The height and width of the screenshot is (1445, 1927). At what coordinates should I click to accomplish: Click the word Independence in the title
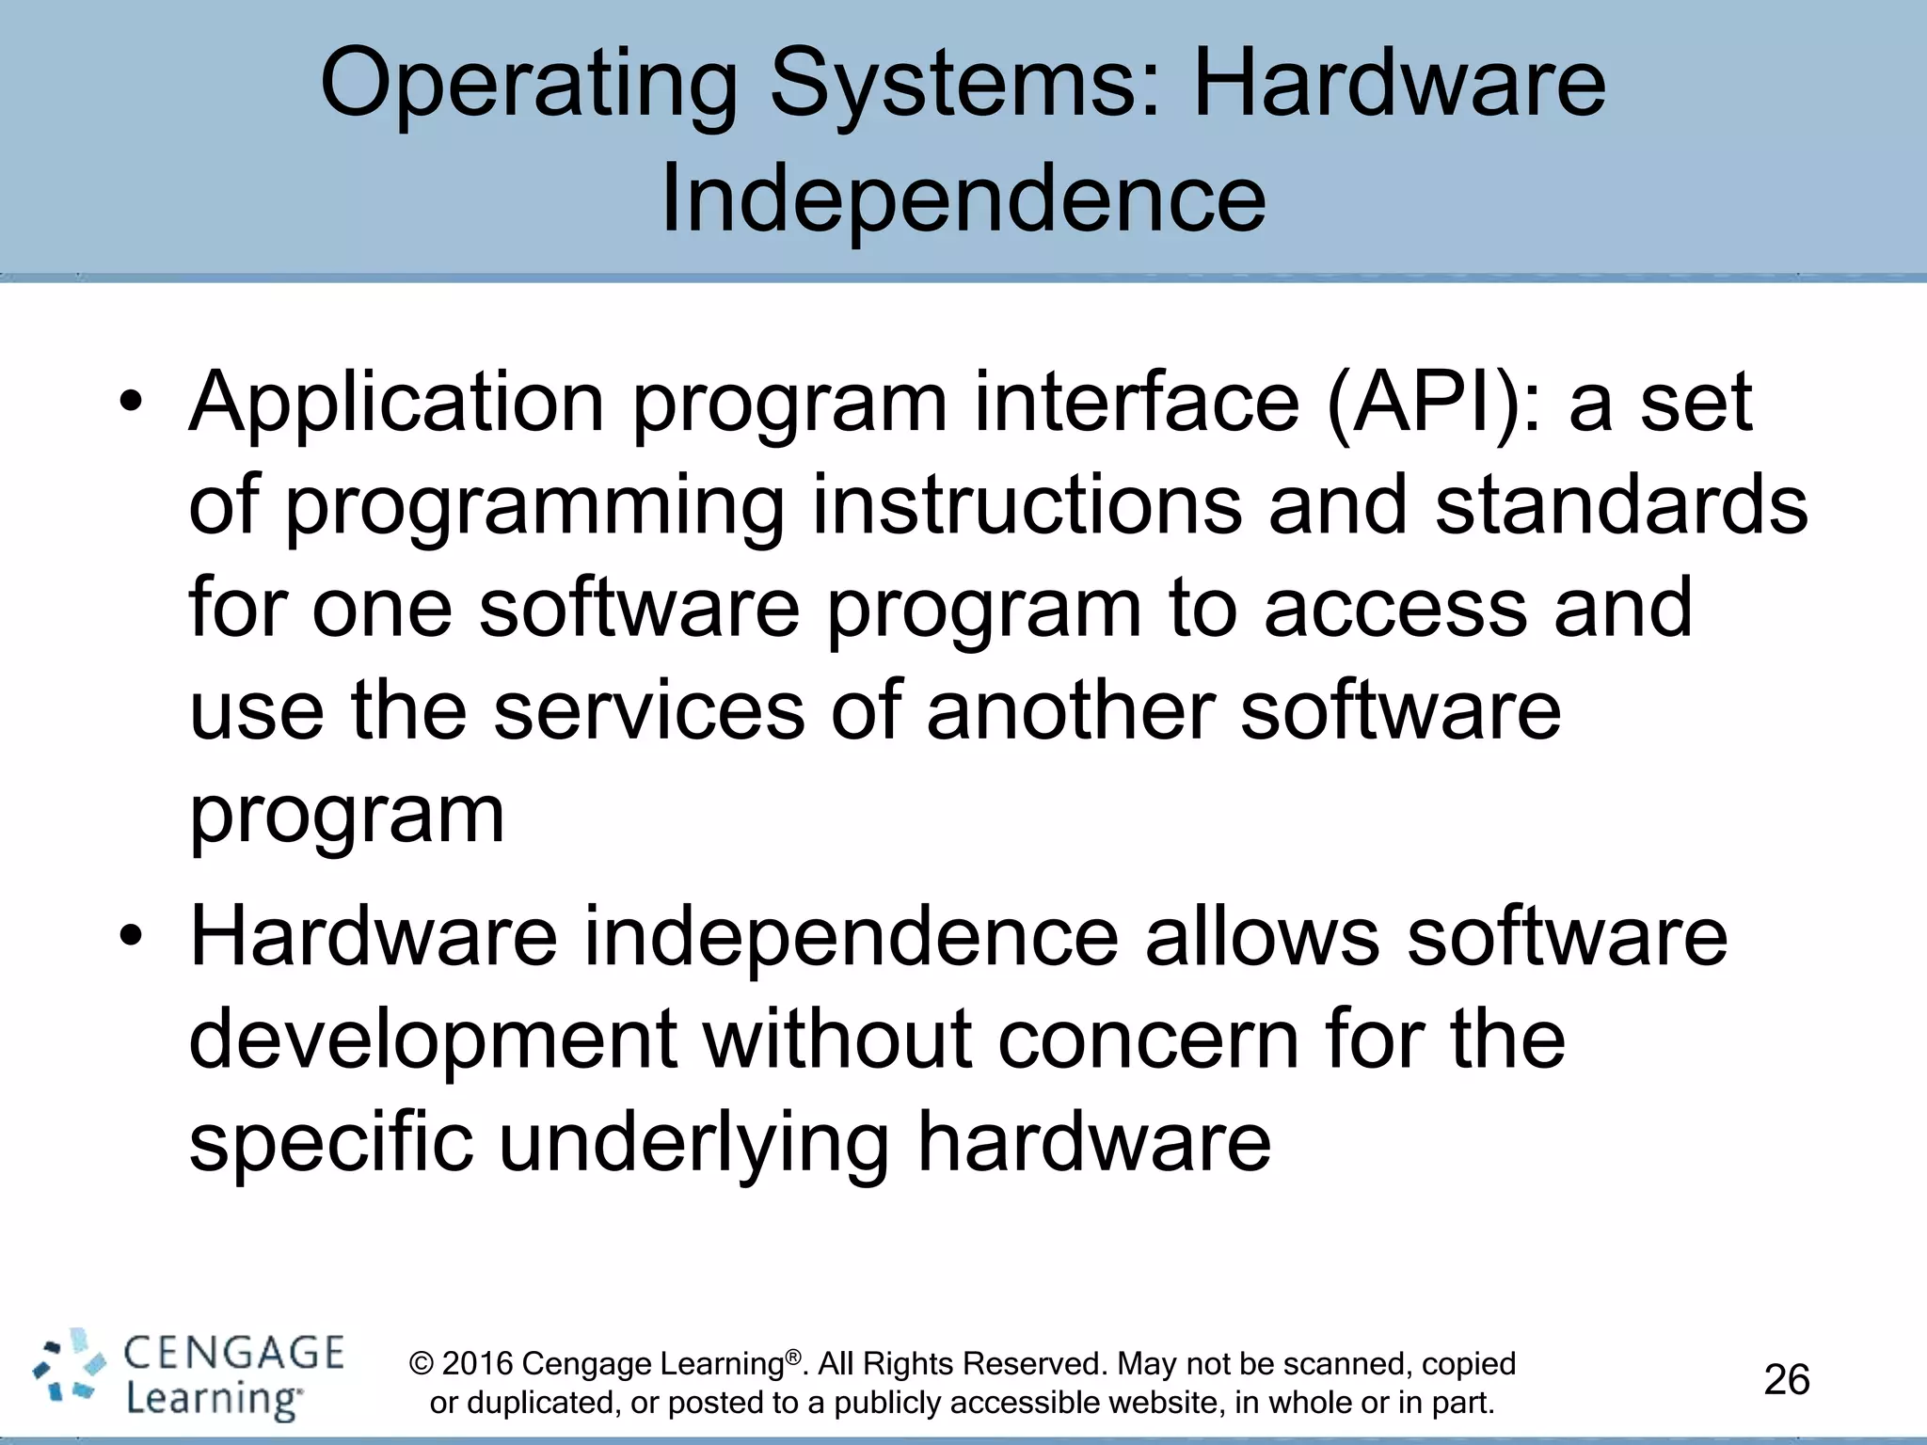tap(963, 199)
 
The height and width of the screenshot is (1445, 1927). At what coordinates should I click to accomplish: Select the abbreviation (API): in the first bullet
tap(1434, 403)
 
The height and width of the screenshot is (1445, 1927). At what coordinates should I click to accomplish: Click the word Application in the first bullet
tap(396, 403)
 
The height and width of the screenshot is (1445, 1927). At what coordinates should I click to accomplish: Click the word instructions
tap(1027, 505)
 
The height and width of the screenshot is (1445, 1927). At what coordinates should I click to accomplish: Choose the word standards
tap(1620, 505)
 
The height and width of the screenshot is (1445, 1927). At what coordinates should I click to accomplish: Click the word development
tap(433, 1040)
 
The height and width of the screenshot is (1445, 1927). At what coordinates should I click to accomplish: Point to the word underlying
tap(693, 1143)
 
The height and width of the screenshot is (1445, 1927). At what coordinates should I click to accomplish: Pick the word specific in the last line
tap(331, 1143)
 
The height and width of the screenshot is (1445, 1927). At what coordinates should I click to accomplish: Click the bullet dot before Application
tap(131, 403)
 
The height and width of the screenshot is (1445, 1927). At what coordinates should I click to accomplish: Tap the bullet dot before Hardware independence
tap(131, 937)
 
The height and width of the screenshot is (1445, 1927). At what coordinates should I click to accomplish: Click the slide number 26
tap(1786, 1380)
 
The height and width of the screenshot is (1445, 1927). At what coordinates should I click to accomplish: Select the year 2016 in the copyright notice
tap(477, 1363)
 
